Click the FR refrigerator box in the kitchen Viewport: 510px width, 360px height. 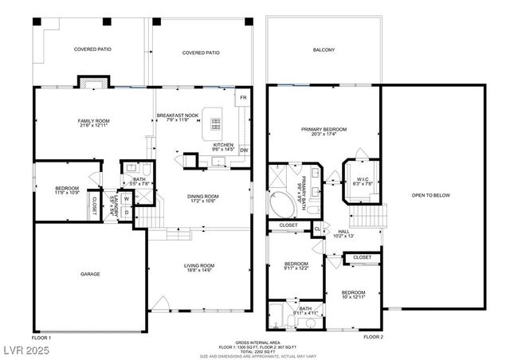(x=244, y=99)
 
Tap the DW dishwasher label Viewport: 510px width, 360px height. (x=244, y=150)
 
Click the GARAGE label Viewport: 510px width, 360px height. (x=89, y=273)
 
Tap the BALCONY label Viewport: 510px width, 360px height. (x=324, y=49)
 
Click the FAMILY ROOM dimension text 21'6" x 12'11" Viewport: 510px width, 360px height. (x=93, y=126)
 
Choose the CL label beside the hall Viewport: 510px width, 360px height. (x=317, y=229)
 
